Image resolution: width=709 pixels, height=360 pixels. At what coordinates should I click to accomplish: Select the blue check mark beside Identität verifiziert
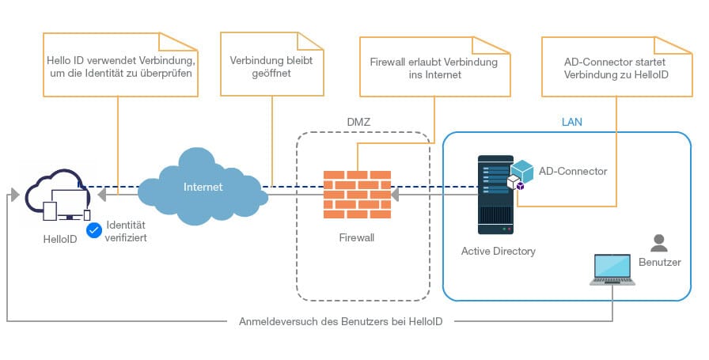pyautogui.click(x=94, y=230)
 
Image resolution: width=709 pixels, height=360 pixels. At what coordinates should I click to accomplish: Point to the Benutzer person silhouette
pyautogui.click(x=658, y=241)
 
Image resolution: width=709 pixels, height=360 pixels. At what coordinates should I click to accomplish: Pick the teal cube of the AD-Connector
pyautogui.click(x=522, y=171)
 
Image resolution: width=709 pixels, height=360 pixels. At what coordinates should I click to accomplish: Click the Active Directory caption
pyautogui.click(x=499, y=251)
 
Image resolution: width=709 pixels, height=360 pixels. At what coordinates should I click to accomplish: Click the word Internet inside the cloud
pyautogui.click(x=203, y=188)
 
